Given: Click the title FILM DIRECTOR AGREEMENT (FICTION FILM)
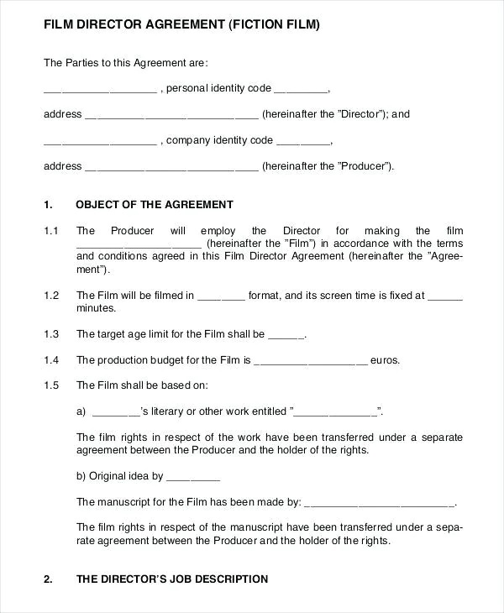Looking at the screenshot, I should coord(181,26).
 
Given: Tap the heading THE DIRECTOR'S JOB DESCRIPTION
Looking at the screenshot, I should coord(172,579).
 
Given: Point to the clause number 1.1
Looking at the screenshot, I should coord(51,231).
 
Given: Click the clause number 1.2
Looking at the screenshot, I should coord(51,296).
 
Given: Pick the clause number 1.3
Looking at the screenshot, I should coord(51,334).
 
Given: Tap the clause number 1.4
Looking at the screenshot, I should coord(51,360).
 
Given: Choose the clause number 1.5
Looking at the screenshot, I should coord(51,386).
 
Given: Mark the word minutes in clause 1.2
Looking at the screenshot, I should coord(96,308).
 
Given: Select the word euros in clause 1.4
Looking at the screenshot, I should coord(386,360).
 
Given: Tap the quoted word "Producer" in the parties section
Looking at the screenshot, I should coord(367,166).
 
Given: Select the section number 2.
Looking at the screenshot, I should coord(48,579).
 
